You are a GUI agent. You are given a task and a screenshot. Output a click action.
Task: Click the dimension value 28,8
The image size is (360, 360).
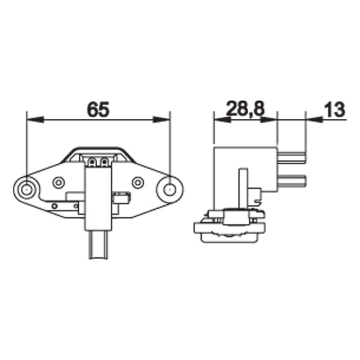coord(245,108)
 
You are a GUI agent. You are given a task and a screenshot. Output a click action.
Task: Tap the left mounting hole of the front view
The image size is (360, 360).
coord(27,190)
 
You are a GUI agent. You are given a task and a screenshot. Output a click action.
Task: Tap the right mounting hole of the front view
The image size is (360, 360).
coord(170,189)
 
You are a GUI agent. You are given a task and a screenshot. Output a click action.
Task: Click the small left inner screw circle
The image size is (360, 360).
coord(58,183)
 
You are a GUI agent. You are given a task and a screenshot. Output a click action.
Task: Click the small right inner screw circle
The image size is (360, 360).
coord(138,183)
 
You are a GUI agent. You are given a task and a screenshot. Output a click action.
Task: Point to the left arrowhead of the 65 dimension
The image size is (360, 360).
coord(35,119)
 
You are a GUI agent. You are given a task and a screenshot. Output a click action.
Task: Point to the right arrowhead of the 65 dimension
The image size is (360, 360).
coord(162,119)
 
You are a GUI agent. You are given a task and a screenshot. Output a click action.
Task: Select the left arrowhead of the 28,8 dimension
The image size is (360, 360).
coord(222,119)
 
